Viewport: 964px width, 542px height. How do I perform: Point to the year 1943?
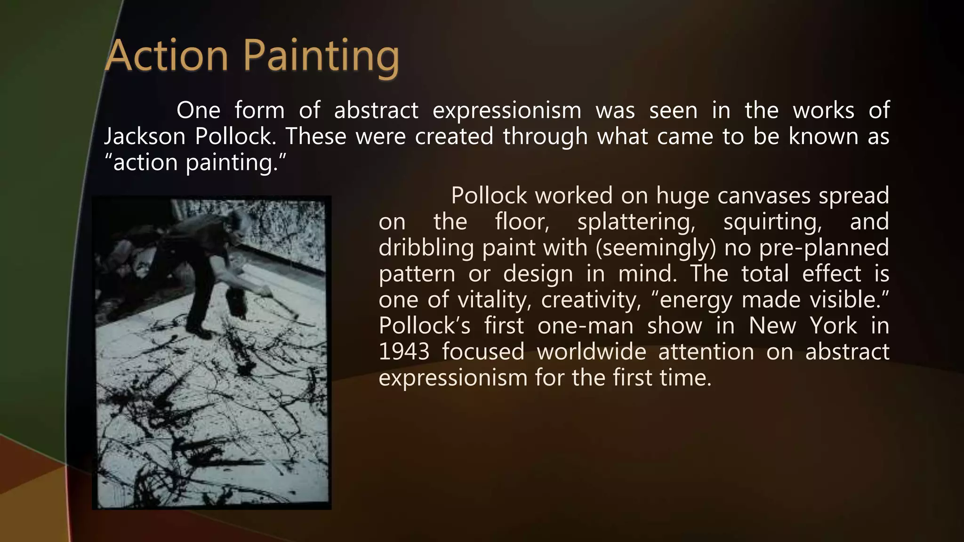click(404, 351)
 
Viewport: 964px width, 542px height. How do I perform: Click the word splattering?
click(636, 222)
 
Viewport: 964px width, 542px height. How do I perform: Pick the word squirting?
click(772, 222)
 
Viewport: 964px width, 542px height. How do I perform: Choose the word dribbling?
click(426, 248)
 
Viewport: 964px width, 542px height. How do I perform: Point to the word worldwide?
click(592, 351)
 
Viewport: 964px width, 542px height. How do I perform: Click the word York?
click(833, 326)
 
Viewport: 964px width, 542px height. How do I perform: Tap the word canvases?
click(763, 196)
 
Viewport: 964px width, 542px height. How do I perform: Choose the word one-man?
click(585, 326)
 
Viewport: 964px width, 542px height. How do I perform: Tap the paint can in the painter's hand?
click(237, 301)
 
